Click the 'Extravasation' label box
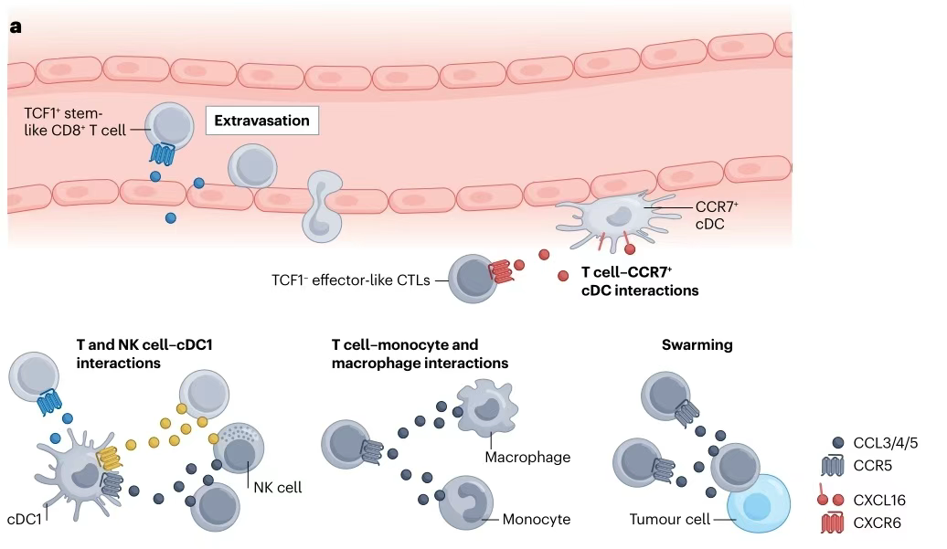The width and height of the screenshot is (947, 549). [x=261, y=120]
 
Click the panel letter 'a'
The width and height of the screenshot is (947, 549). [x=15, y=27]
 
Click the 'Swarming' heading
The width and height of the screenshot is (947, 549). [x=697, y=345]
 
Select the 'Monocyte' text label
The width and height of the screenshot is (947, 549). [x=537, y=520]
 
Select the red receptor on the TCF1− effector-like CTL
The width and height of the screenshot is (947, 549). [x=502, y=271]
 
